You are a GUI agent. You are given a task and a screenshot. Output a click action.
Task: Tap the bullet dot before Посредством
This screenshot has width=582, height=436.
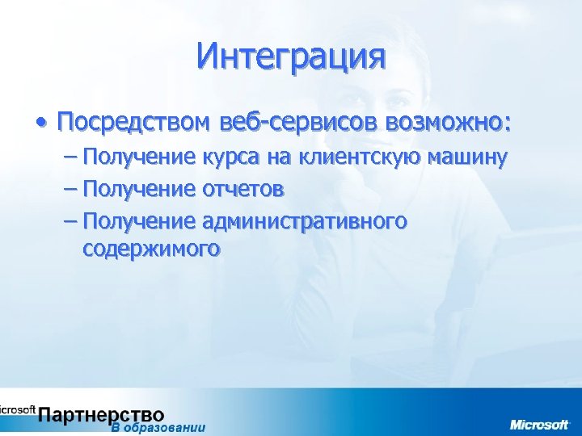(40, 123)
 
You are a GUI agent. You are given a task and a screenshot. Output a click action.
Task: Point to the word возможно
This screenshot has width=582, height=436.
(444, 124)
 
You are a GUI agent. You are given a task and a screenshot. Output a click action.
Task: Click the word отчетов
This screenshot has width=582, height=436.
(242, 189)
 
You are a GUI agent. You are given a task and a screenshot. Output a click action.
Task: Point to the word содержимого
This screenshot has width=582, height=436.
(150, 249)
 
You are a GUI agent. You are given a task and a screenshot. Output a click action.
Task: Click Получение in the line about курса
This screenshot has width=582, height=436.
(138, 157)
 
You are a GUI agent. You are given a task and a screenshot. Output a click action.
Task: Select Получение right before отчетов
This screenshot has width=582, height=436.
(138, 189)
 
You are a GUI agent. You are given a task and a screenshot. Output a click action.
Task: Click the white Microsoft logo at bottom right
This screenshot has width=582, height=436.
(539, 425)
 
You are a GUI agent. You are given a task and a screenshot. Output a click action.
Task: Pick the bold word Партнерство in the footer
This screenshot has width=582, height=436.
(101, 415)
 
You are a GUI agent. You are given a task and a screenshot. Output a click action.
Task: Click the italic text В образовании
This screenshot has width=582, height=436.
(158, 428)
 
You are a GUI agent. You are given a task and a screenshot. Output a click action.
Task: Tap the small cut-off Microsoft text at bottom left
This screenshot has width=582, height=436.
(16, 409)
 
